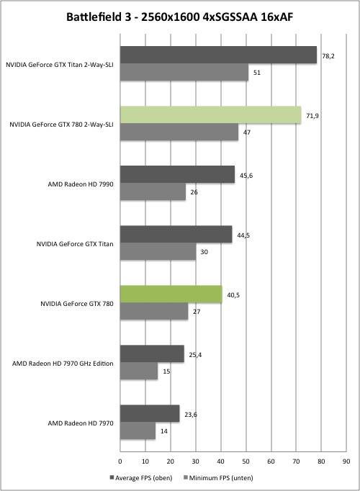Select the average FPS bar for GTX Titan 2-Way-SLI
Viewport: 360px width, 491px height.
pos(218,55)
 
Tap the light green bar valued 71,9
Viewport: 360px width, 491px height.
pos(210,114)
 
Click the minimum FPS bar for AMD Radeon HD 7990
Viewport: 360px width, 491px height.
pos(153,192)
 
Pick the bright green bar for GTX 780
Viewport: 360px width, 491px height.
pos(171,294)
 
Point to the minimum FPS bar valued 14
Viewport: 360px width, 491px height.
pos(138,431)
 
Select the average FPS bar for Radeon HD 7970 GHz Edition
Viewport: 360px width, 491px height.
pos(152,353)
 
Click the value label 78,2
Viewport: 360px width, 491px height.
pos(328,56)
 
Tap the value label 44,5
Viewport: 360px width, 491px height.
pos(243,235)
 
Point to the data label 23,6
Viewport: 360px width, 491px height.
pos(191,415)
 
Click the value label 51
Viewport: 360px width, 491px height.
pos(257,73)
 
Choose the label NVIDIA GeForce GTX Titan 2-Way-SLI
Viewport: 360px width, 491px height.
pos(60,65)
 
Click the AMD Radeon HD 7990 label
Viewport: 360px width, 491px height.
pos(81,184)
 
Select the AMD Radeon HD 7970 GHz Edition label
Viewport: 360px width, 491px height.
pos(63,364)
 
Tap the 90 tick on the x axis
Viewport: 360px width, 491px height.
pos(346,461)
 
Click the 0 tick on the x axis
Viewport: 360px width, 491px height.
pos(120,461)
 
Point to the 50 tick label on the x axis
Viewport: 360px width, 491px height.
pos(246,461)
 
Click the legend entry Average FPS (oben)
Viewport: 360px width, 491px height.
pos(141,478)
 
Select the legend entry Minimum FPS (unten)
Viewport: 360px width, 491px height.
pos(218,478)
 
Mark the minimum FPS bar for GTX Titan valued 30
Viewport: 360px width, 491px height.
pos(158,251)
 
